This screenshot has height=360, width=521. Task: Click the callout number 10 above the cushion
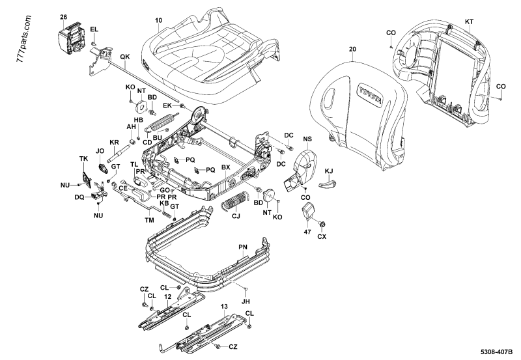click(159, 21)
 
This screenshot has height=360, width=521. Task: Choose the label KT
click(470, 22)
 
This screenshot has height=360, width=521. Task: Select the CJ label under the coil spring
click(236, 215)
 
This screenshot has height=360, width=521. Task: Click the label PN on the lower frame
click(243, 247)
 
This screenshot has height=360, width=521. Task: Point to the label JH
click(246, 301)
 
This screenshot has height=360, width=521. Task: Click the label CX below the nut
click(321, 236)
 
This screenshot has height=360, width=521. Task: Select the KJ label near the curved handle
click(329, 171)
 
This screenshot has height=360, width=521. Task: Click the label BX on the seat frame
click(226, 168)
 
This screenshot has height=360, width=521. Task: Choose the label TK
click(83, 159)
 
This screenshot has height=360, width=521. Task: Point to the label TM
click(149, 220)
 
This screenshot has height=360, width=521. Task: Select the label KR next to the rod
click(114, 143)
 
